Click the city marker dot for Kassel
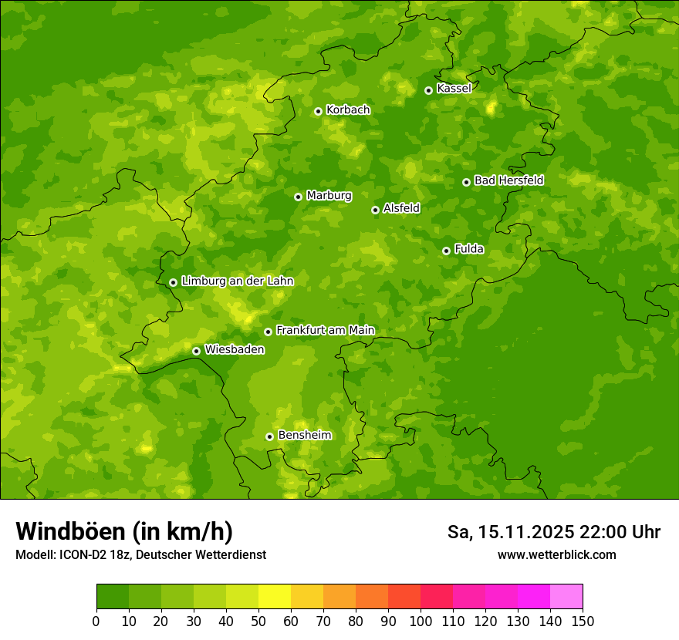pyautogui.click(x=428, y=90)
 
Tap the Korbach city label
pyautogui.click(x=348, y=110)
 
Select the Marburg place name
pyautogui.click(x=329, y=196)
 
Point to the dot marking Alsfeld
pyautogui.click(x=375, y=210)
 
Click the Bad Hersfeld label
pyautogui.click(x=508, y=180)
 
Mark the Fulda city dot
pyautogui.click(x=446, y=251)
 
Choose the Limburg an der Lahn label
pyautogui.click(x=237, y=281)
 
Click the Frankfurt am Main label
pyautogui.click(x=325, y=330)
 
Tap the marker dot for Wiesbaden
pyautogui.click(x=196, y=351)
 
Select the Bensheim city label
pyautogui.click(x=304, y=435)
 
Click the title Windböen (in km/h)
pyautogui.click(x=124, y=531)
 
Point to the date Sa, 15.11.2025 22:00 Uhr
pyautogui.click(x=553, y=532)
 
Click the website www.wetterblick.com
pyautogui.click(x=556, y=554)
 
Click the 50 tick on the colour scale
pyautogui.click(x=258, y=621)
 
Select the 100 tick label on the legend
pyautogui.click(x=421, y=621)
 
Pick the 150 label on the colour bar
pyautogui.click(x=583, y=621)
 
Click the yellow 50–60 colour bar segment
pyautogui.click(x=275, y=597)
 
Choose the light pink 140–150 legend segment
pyautogui.click(x=566, y=597)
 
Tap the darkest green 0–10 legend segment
pyautogui.click(x=113, y=597)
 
